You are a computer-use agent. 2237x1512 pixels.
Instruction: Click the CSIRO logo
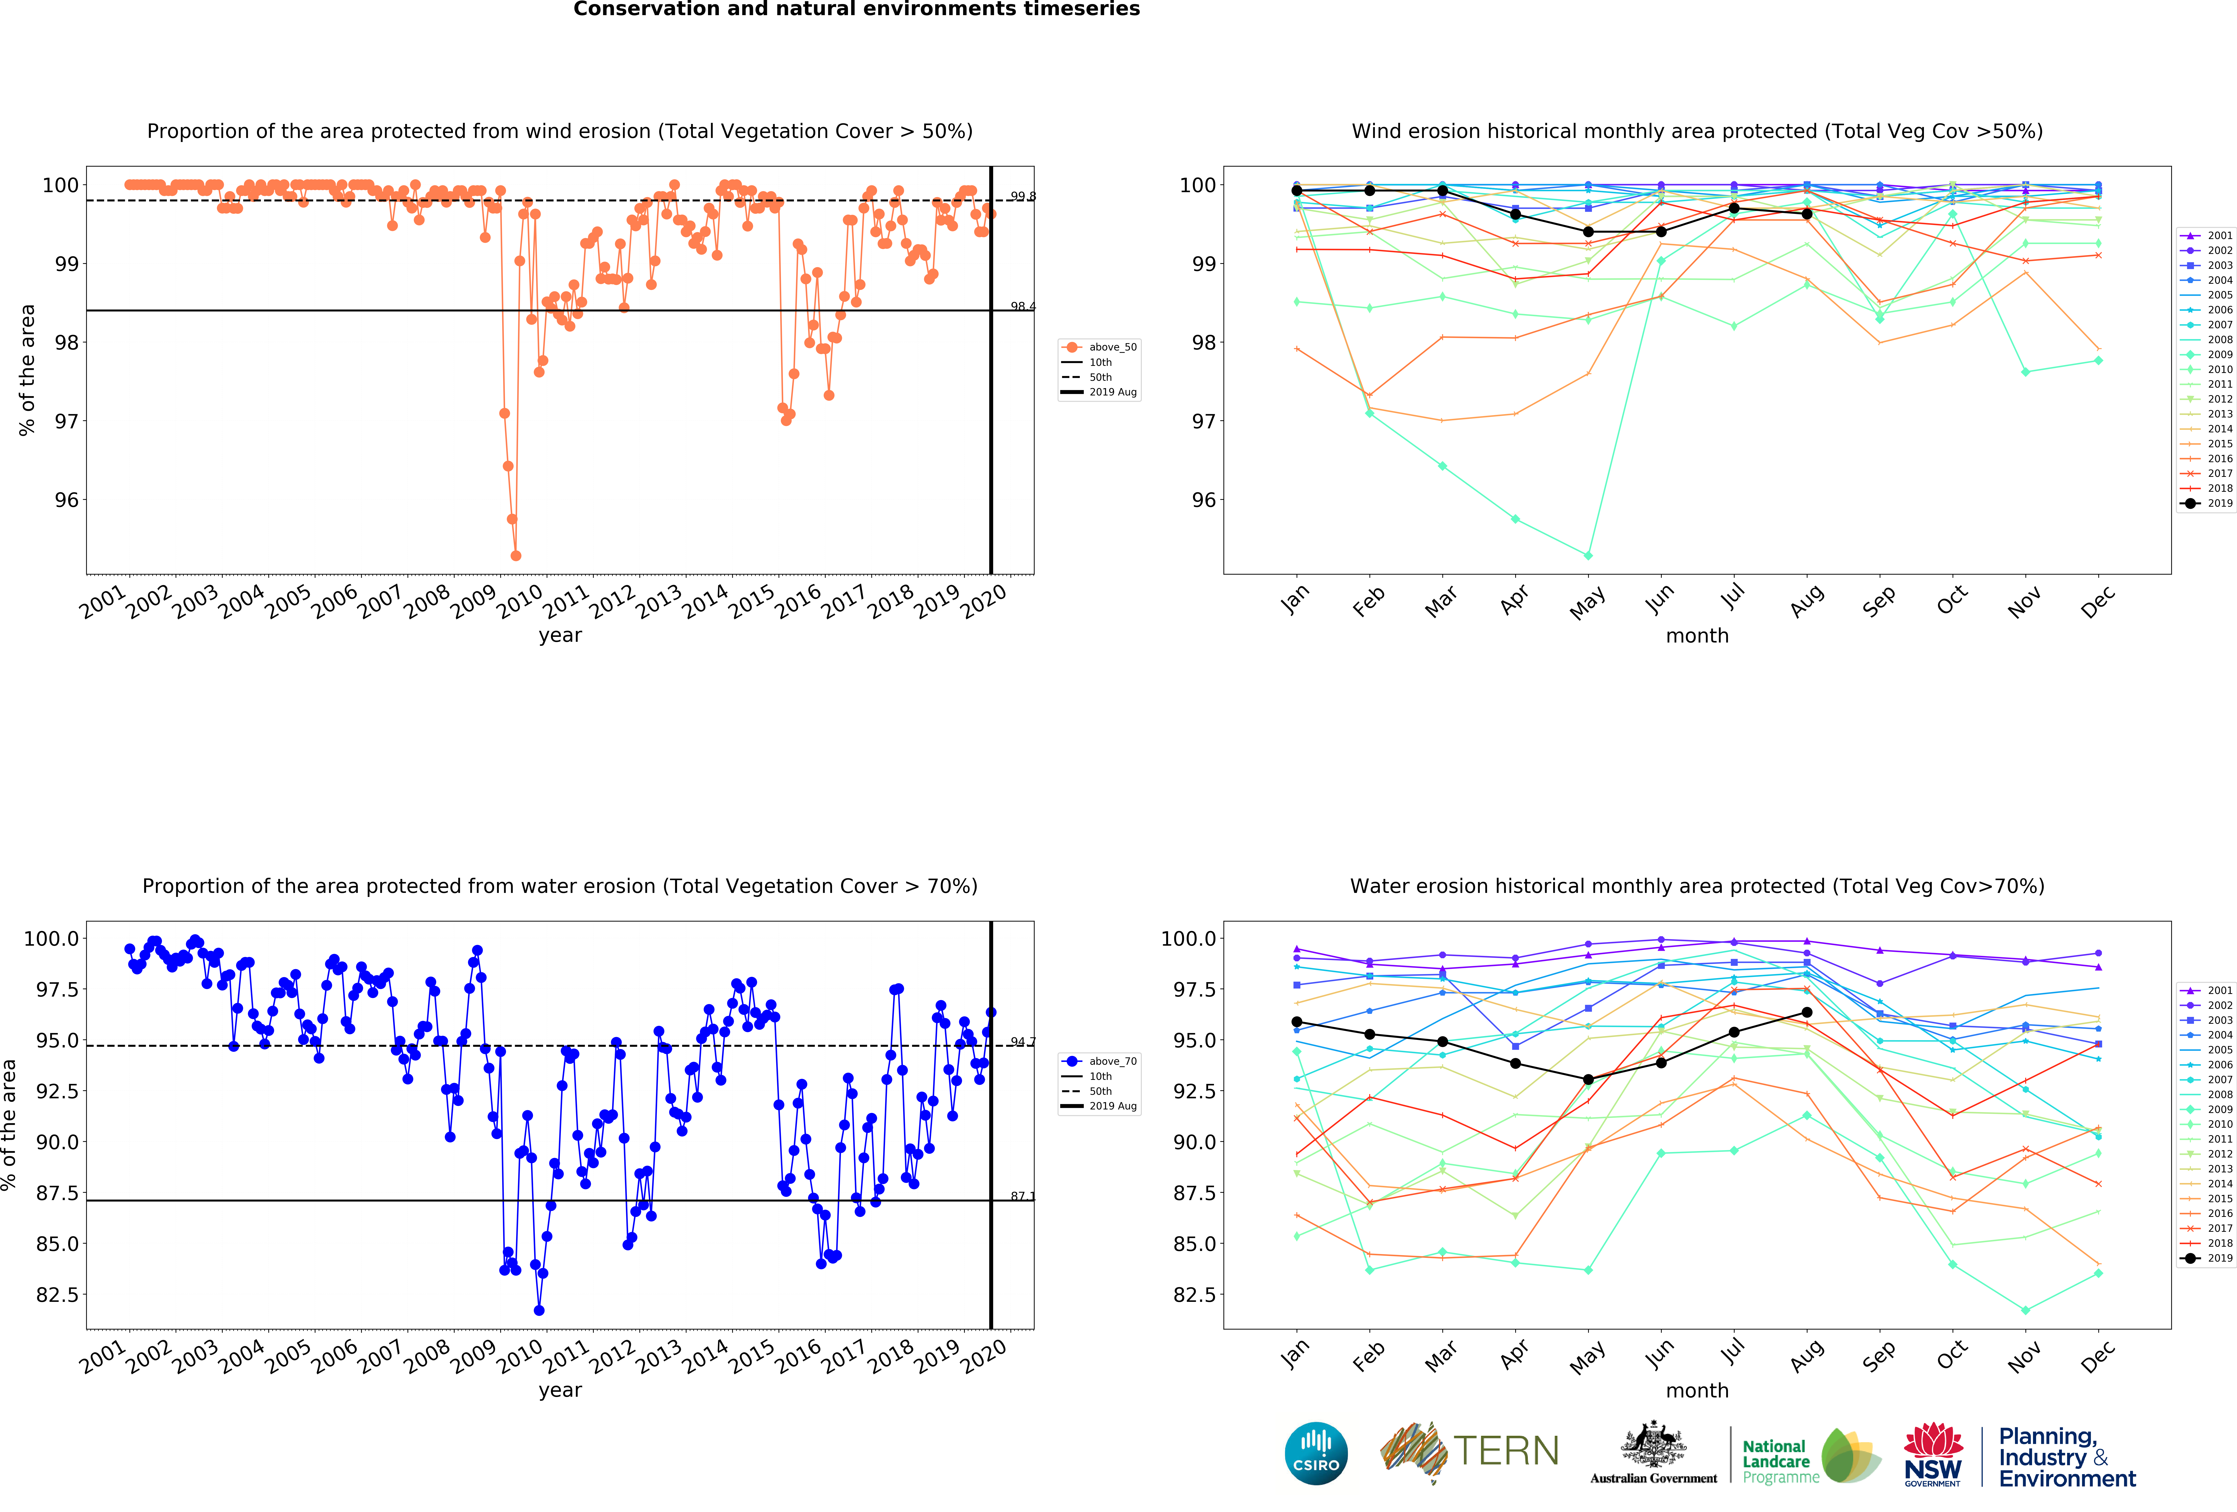pyautogui.click(x=1316, y=1452)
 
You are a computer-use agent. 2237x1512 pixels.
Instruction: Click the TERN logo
pyautogui.click(x=1470, y=1451)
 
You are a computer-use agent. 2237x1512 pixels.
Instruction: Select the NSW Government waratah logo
pyautogui.click(x=1933, y=1453)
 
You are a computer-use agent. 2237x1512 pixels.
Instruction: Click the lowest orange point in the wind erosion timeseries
pyautogui.click(x=516, y=555)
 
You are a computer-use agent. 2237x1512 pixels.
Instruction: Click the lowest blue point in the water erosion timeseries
pyautogui.click(x=539, y=1310)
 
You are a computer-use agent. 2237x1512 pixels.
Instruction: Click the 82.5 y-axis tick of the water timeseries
pyautogui.click(x=58, y=1295)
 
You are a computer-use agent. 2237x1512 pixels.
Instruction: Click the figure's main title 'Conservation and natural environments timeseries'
pyautogui.click(x=857, y=10)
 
